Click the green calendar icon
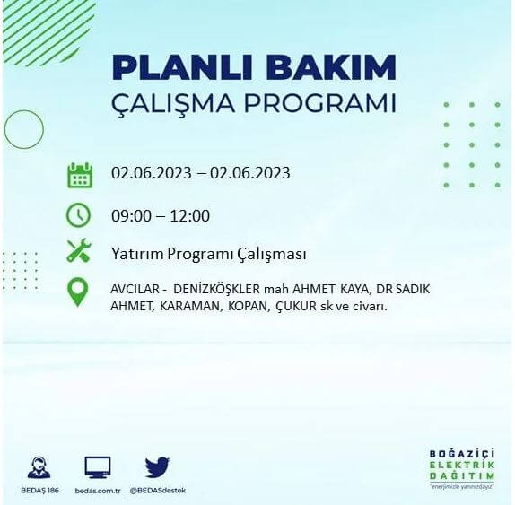click(x=80, y=174)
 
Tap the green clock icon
click(x=79, y=215)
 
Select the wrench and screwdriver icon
click(x=79, y=253)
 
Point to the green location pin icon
click(x=79, y=292)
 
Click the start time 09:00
click(x=131, y=216)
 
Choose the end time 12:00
click(x=190, y=216)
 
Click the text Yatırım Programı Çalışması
click(x=209, y=254)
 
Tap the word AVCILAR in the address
click(x=134, y=290)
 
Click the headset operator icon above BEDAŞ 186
click(x=39, y=467)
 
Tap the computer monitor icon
click(x=98, y=466)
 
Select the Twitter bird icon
click(x=157, y=466)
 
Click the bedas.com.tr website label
click(x=98, y=491)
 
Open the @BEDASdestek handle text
click(x=158, y=491)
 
